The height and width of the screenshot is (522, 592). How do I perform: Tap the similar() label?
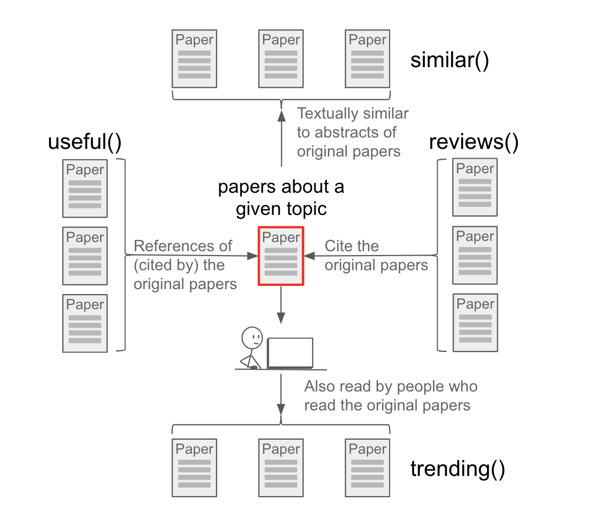coord(450,60)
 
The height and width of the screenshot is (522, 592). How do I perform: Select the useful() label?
coord(84,142)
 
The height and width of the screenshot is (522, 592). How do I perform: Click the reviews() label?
coord(473,142)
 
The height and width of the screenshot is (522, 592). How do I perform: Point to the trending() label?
coord(458,469)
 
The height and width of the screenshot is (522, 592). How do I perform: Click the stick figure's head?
coord(252,337)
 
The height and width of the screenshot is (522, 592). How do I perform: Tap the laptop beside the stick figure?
coord(290,354)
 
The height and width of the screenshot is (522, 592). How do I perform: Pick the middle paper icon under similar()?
coord(281,58)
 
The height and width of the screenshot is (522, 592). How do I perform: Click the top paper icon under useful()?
coord(85,188)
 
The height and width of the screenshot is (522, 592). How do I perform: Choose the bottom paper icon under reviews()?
coord(475,323)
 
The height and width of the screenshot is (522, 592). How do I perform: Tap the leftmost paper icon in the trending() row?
coord(194,468)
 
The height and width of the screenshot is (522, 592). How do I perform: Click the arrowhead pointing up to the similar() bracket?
coord(281,115)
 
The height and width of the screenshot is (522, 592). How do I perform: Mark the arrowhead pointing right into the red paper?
coord(252,255)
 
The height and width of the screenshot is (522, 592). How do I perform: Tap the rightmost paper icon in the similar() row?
coord(367,58)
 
